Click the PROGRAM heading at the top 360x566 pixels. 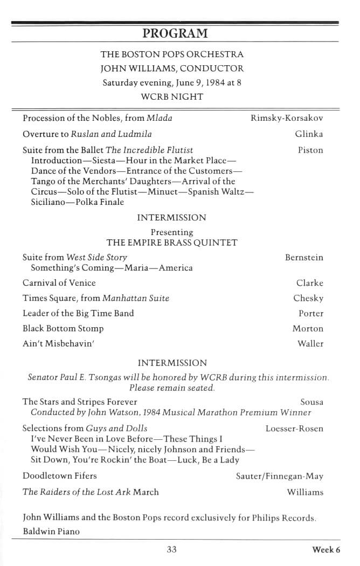175,33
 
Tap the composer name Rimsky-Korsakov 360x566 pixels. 287,118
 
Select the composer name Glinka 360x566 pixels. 309,134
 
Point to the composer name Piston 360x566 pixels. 310,150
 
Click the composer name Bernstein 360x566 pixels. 304,258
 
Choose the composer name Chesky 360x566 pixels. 308,298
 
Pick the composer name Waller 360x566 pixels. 310,343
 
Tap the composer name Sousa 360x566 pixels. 311,402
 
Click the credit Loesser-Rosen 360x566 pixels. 294,429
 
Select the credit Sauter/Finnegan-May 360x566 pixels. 279,476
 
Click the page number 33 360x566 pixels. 171,550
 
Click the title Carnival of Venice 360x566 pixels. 59,283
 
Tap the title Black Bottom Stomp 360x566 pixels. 63,328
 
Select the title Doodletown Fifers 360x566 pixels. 60,476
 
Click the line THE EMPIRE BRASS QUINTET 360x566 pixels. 172,243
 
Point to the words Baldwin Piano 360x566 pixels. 51,532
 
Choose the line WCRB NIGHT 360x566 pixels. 172,97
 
